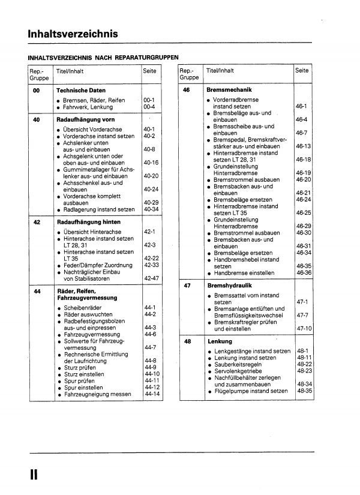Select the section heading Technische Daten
80,90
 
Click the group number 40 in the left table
37,119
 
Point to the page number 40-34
151,209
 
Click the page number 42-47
151,279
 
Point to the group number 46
187,89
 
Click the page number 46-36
302,273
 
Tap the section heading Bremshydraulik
228,286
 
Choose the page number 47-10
304,329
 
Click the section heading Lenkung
219,341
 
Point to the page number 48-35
304,391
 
